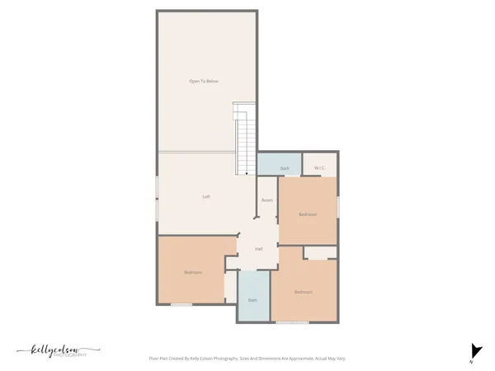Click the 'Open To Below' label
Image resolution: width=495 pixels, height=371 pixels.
pos(204,81)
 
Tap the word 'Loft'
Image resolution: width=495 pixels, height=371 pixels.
pos(206,196)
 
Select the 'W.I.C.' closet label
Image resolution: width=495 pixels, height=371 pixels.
pos(319,168)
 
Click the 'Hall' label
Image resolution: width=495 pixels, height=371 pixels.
pos(258,248)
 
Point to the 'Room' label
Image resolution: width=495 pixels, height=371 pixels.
pos(266,200)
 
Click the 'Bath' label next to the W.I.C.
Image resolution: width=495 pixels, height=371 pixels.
pos(284,168)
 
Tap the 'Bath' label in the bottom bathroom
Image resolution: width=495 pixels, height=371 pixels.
pos(252,299)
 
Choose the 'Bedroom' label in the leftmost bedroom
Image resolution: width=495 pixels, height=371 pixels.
pos(193,272)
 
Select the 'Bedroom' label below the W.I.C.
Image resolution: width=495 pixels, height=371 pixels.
pos(307,214)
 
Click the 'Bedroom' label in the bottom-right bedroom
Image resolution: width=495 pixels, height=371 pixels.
pos(303,291)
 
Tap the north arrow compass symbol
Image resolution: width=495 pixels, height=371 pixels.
pos(474,350)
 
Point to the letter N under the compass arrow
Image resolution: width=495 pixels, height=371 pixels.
pos(471,361)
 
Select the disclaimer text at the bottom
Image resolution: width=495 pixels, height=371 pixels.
pos(247,359)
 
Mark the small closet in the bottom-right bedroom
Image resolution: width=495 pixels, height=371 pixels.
pos(318,252)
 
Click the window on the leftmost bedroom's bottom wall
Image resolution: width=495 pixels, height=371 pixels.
pos(181,305)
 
